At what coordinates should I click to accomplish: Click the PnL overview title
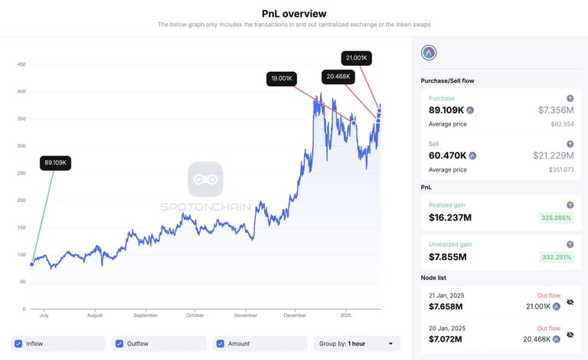[x=294, y=13]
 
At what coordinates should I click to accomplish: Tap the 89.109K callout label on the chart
[x=56, y=163]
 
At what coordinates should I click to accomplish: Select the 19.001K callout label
[x=282, y=78]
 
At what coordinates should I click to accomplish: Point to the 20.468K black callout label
[x=338, y=76]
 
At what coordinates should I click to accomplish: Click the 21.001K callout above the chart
[x=356, y=57]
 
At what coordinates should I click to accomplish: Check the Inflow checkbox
[x=18, y=344]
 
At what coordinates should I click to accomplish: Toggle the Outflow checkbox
[x=119, y=344]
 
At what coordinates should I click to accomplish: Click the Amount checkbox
[x=220, y=344]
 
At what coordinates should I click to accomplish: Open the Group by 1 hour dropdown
[x=357, y=344]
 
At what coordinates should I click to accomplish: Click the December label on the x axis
[x=294, y=315]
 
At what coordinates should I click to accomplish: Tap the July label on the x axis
[x=44, y=315]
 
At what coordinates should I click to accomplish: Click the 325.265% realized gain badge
[x=556, y=218]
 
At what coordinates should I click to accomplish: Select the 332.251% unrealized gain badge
[x=556, y=257]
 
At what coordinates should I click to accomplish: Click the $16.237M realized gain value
[x=450, y=218]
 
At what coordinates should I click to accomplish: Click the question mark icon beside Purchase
[x=570, y=98]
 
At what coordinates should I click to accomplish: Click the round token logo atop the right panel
[x=429, y=53]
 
